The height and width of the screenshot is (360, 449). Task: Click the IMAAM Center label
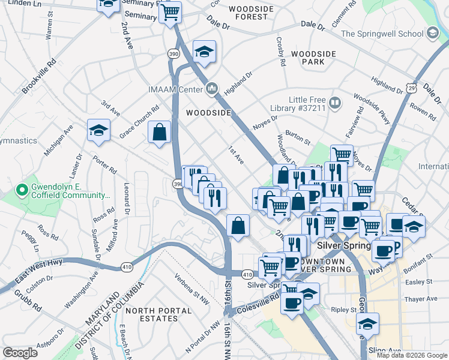click(x=175, y=90)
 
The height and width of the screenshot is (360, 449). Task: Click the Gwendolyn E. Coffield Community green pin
click(x=22, y=191)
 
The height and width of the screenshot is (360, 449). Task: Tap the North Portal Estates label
click(x=158, y=314)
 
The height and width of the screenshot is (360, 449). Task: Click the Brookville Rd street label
click(x=38, y=76)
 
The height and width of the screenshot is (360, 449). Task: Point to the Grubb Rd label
click(x=29, y=302)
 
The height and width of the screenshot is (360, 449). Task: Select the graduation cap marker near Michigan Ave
click(x=99, y=130)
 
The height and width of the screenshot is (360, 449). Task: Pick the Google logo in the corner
click(x=20, y=353)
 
